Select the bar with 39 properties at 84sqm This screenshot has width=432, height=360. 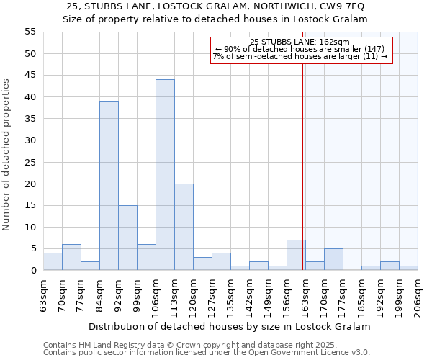pyautogui.click(x=109, y=186)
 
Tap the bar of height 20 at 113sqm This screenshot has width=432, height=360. pyautogui.click(x=184, y=227)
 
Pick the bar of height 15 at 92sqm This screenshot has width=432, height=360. pyautogui.click(x=127, y=238)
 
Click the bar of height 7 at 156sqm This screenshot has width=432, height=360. pyautogui.click(x=296, y=255)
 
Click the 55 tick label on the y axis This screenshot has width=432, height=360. pyautogui.click(x=30, y=32)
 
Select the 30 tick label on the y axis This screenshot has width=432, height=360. pyautogui.click(x=30, y=140)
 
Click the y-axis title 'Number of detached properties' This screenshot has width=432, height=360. pyautogui.click(x=7, y=155)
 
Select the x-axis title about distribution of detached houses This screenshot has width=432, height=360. pyautogui.click(x=230, y=326)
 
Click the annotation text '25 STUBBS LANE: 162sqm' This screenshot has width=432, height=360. pyautogui.click(x=300, y=42)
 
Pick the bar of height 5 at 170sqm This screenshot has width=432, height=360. pyautogui.click(x=333, y=259)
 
